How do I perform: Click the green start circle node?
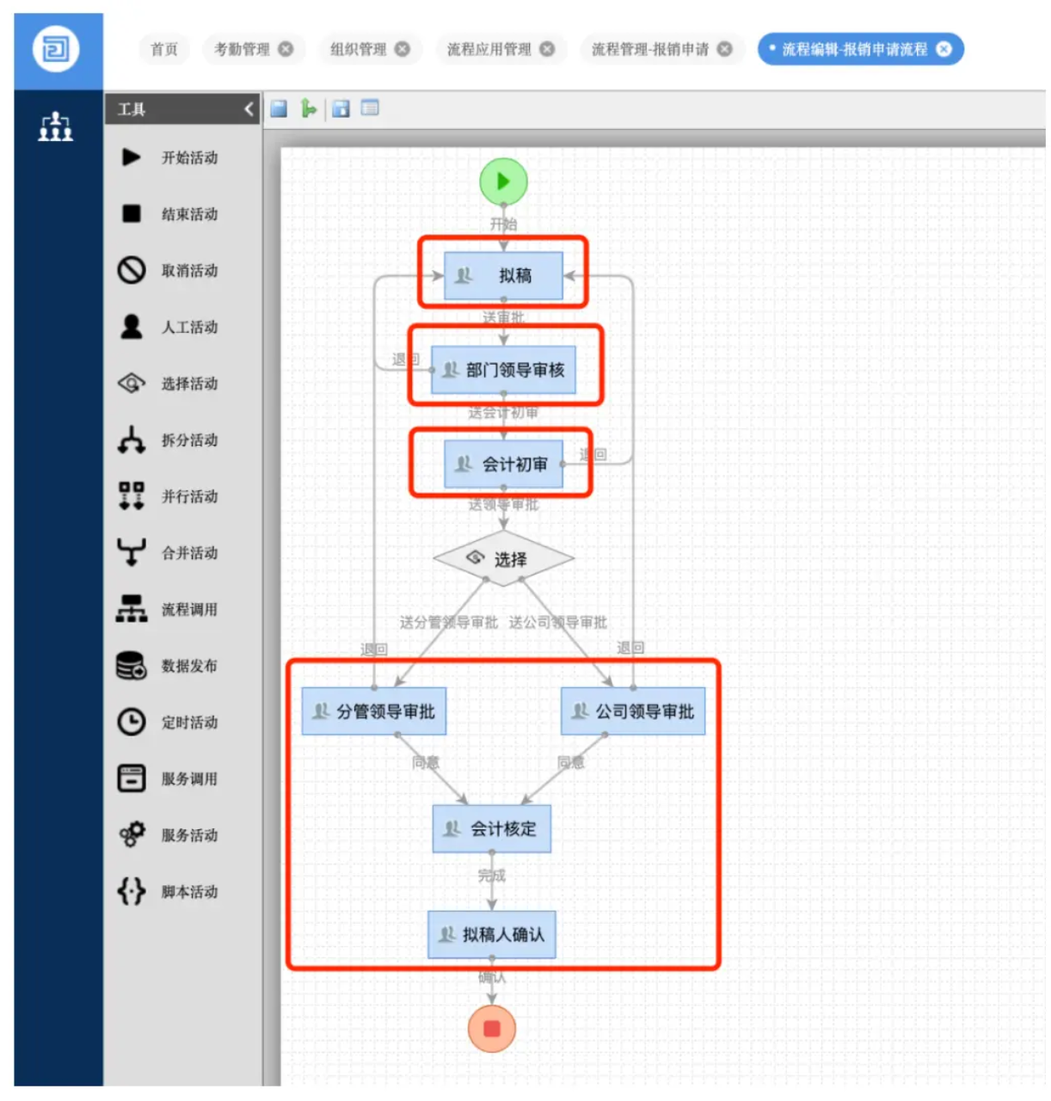503,181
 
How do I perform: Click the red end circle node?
492,1029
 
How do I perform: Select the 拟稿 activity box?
503,275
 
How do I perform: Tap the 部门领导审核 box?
503,370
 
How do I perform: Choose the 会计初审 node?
503,464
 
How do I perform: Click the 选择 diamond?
503,559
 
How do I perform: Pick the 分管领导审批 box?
374,711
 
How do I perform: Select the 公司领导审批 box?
633,711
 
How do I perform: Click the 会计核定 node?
492,829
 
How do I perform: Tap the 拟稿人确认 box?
492,934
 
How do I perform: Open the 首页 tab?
163,49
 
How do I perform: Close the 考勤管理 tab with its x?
286,49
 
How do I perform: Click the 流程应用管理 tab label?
489,49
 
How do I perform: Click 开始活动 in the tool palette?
189,157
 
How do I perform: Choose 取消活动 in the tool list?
189,271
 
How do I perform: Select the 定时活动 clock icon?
132,722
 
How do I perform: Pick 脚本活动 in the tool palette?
189,892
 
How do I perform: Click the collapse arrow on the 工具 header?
249,109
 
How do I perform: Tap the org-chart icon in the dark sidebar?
56,126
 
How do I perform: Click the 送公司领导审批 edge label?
557,622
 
